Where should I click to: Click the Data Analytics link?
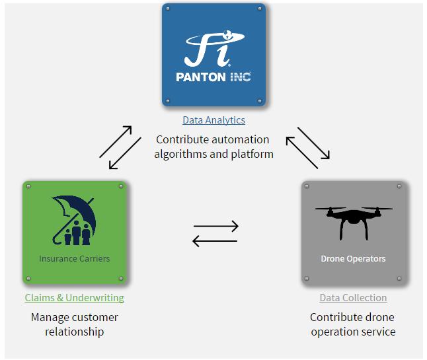point(213,120)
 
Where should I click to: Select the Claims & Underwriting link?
point(74,298)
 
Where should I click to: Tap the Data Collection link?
point(353,298)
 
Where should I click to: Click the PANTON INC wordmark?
point(213,77)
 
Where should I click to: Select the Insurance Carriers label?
point(74,258)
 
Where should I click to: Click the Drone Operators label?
point(353,258)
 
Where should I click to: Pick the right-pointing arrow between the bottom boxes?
point(215,227)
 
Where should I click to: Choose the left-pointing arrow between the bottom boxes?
point(215,242)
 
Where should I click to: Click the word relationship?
point(74,332)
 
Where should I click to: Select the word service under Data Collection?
point(377,332)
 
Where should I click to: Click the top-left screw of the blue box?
point(168,9)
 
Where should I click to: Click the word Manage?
point(48,317)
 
